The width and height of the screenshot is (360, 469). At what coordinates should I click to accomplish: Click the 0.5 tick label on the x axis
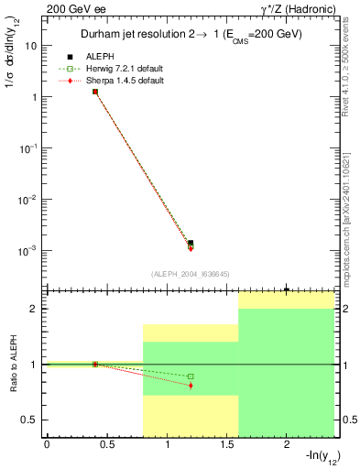click(106, 445)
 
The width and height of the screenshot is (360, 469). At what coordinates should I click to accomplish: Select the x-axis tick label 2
click(287, 445)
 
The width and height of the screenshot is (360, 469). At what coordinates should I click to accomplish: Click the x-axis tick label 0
click(47, 445)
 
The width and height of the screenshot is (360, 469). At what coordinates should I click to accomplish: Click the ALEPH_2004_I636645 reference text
click(191, 274)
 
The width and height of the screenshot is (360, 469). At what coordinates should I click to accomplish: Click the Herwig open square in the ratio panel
click(191, 376)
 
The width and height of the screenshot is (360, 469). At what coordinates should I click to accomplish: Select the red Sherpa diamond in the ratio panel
click(191, 386)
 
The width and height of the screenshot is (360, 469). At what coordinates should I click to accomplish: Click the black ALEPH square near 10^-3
click(191, 243)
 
